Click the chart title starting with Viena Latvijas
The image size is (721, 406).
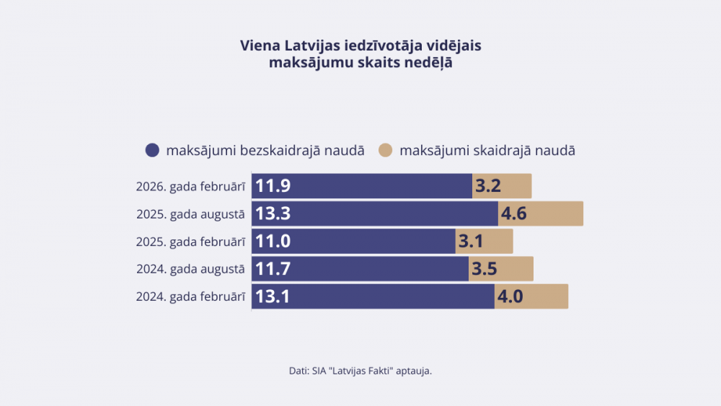pyautogui.click(x=360, y=54)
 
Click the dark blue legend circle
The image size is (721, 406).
pyautogui.click(x=152, y=150)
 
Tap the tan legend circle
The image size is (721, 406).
pyautogui.click(x=386, y=150)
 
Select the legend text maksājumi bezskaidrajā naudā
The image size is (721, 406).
pyautogui.click(x=265, y=151)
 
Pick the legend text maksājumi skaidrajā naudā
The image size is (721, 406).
pyautogui.click(x=487, y=151)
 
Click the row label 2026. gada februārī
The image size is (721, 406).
pyautogui.click(x=190, y=186)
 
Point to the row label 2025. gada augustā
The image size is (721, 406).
pyautogui.click(x=190, y=213)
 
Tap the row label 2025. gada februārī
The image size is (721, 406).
pyautogui.click(x=190, y=241)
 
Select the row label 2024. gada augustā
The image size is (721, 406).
pyautogui.click(x=190, y=268)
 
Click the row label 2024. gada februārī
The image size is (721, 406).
pyautogui.click(x=190, y=296)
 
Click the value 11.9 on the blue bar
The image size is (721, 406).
pyautogui.click(x=273, y=186)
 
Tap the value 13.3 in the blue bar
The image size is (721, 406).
pyautogui.click(x=273, y=213)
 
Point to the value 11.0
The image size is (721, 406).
pyautogui.click(x=273, y=241)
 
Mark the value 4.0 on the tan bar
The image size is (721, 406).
pyautogui.click(x=510, y=296)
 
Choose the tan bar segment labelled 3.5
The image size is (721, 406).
pyautogui.click(x=501, y=268)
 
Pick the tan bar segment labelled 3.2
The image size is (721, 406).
pyautogui.click(x=502, y=186)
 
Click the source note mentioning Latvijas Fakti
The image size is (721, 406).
pyautogui.click(x=360, y=371)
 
